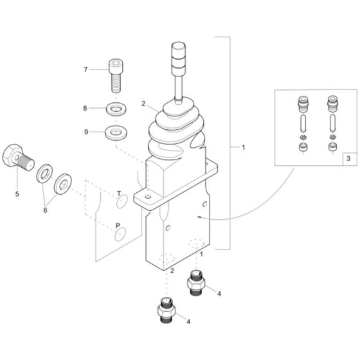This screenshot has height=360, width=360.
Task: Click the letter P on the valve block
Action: tap(118, 226)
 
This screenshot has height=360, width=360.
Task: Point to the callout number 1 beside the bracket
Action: tap(243, 147)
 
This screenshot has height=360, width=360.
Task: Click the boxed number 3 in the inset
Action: tap(348, 157)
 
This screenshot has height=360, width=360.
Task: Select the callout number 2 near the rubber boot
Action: tap(144, 103)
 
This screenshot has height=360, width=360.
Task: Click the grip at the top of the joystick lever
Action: tap(177, 56)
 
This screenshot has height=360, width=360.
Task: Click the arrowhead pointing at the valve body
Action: tap(201, 219)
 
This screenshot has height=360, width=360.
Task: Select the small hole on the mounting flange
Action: tap(148, 196)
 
